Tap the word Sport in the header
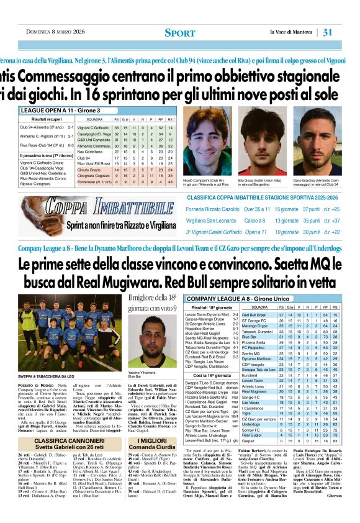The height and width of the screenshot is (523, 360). click(x=179, y=32)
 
